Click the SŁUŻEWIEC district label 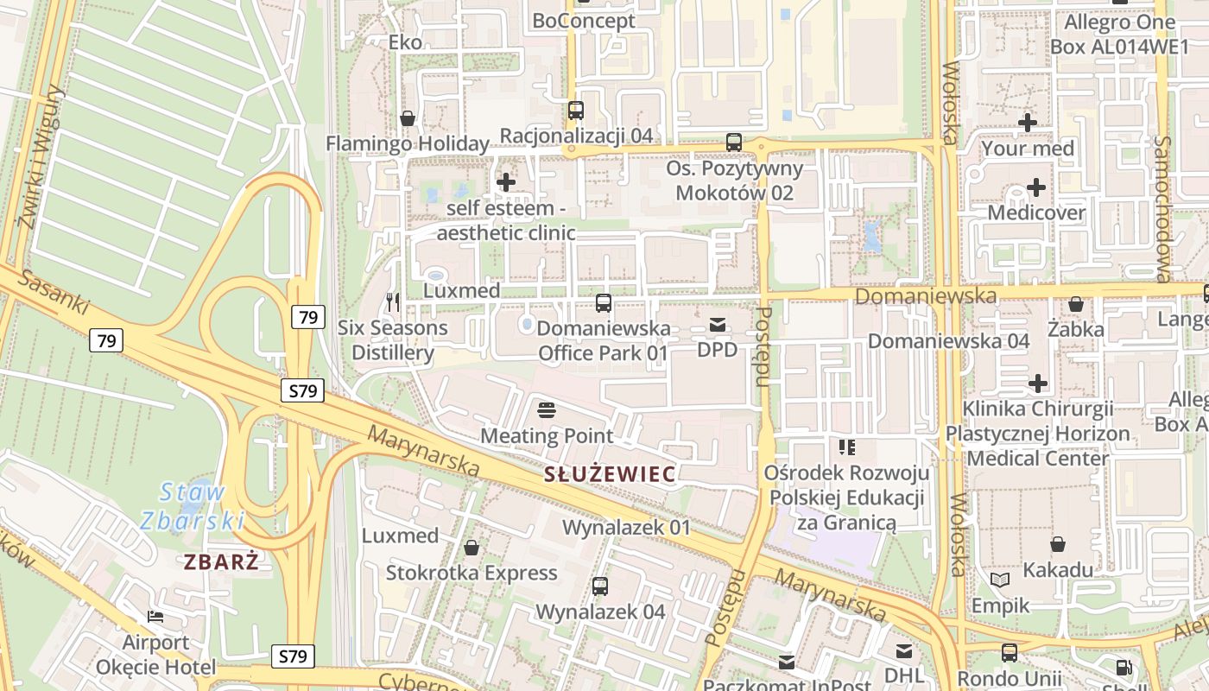pyautogui.click(x=610, y=473)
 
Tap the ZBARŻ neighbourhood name pyautogui.click(x=221, y=561)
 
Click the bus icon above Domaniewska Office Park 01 pyautogui.click(x=604, y=303)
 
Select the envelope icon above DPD pyautogui.click(x=717, y=325)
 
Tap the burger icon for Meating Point pyautogui.click(x=546, y=409)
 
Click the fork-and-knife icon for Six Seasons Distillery pyautogui.click(x=393, y=302)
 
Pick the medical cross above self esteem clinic pyautogui.click(x=506, y=182)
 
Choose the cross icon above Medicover pyautogui.click(x=1035, y=187)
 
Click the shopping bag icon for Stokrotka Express pyautogui.click(x=472, y=548)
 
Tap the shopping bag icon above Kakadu pyautogui.click(x=1058, y=544)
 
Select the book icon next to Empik pyautogui.click(x=1000, y=580)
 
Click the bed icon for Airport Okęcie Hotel pyautogui.click(x=155, y=617)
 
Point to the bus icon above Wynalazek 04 pyautogui.click(x=600, y=586)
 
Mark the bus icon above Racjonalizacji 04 pyautogui.click(x=576, y=111)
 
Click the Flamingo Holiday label pyautogui.click(x=408, y=143)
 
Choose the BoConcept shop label pyautogui.click(x=584, y=21)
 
